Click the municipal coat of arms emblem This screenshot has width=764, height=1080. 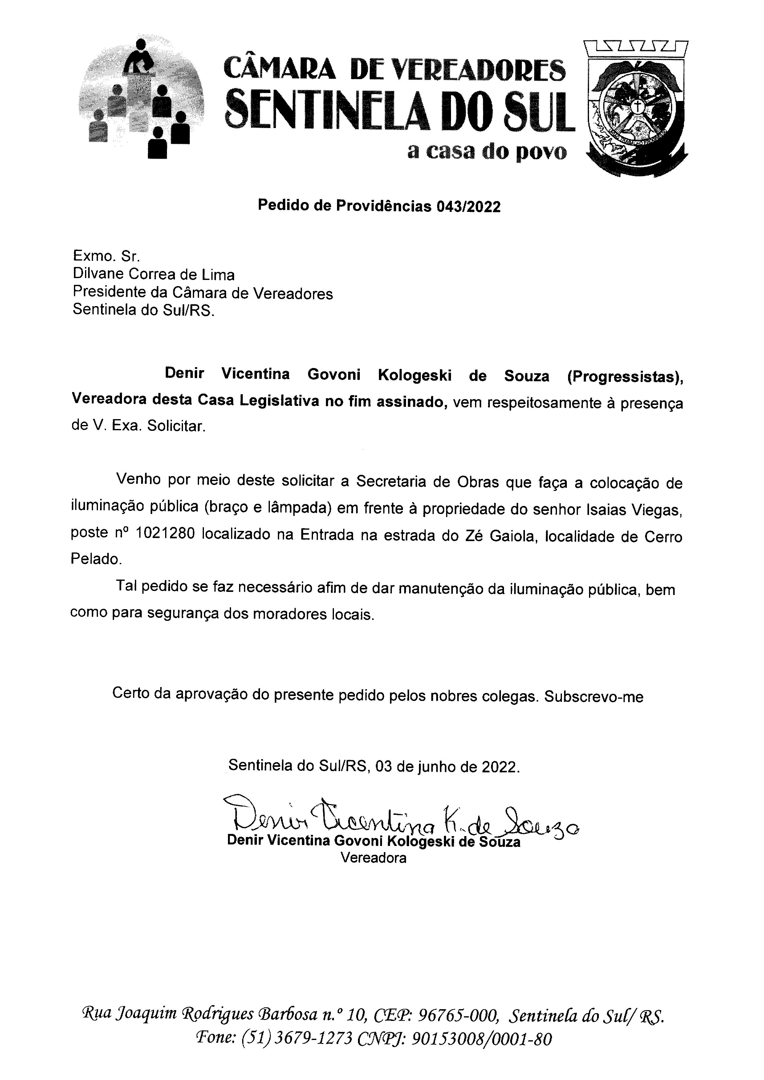(636, 108)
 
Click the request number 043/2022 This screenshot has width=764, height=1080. (469, 207)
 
